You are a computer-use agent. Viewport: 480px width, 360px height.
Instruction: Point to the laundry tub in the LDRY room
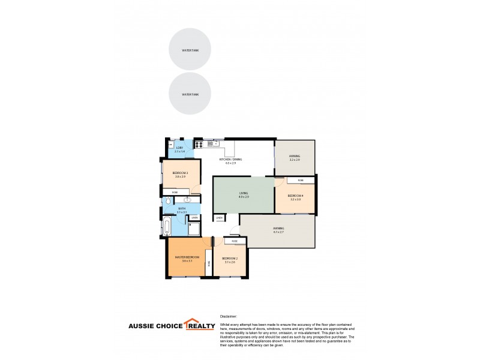(171, 144)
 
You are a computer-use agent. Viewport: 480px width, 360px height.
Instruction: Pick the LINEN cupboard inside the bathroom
(195, 217)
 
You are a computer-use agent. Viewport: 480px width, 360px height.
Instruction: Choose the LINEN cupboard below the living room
(220, 217)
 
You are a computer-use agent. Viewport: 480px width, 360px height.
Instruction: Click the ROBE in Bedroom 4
(301, 180)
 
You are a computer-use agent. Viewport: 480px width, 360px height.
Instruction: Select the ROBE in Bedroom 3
(175, 192)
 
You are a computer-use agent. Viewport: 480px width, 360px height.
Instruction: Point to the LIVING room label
(243, 193)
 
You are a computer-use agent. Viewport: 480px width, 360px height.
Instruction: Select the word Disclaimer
(229, 315)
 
